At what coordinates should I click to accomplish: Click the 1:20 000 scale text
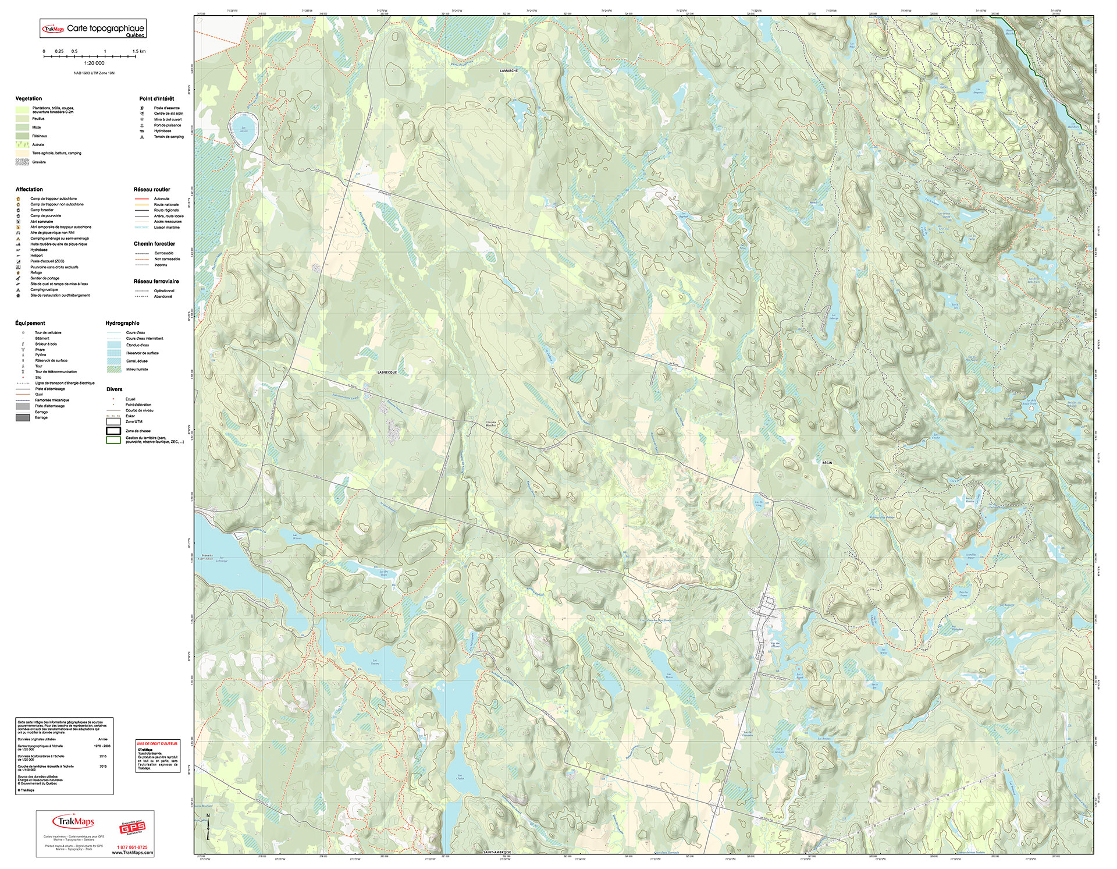click(x=94, y=63)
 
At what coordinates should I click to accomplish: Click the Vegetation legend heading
click(x=29, y=98)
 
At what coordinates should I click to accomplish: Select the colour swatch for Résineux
click(x=22, y=136)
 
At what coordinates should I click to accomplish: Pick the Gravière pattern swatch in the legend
click(x=22, y=162)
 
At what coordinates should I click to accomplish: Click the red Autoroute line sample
click(x=143, y=199)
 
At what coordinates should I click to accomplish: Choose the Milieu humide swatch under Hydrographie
click(x=113, y=369)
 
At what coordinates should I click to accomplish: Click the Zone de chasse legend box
click(x=113, y=431)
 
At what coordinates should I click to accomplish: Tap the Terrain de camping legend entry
click(x=168, y=137)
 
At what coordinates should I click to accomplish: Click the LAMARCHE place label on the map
click(x=508, y=70)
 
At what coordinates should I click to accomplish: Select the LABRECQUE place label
click(x=387, y=372)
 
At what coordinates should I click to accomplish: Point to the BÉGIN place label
click(x=827, y=463)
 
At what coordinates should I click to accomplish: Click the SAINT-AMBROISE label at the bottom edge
click(x=496, y=852)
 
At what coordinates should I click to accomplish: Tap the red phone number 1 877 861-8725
click(x=132, y=847)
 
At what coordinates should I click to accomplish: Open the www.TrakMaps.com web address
click(x=133, y=853)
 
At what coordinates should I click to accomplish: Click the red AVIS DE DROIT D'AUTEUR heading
click(x=158, y=743)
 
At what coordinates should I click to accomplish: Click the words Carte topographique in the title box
click(x=105, y=28)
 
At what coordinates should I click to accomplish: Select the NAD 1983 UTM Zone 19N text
click(x=94, y=73)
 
